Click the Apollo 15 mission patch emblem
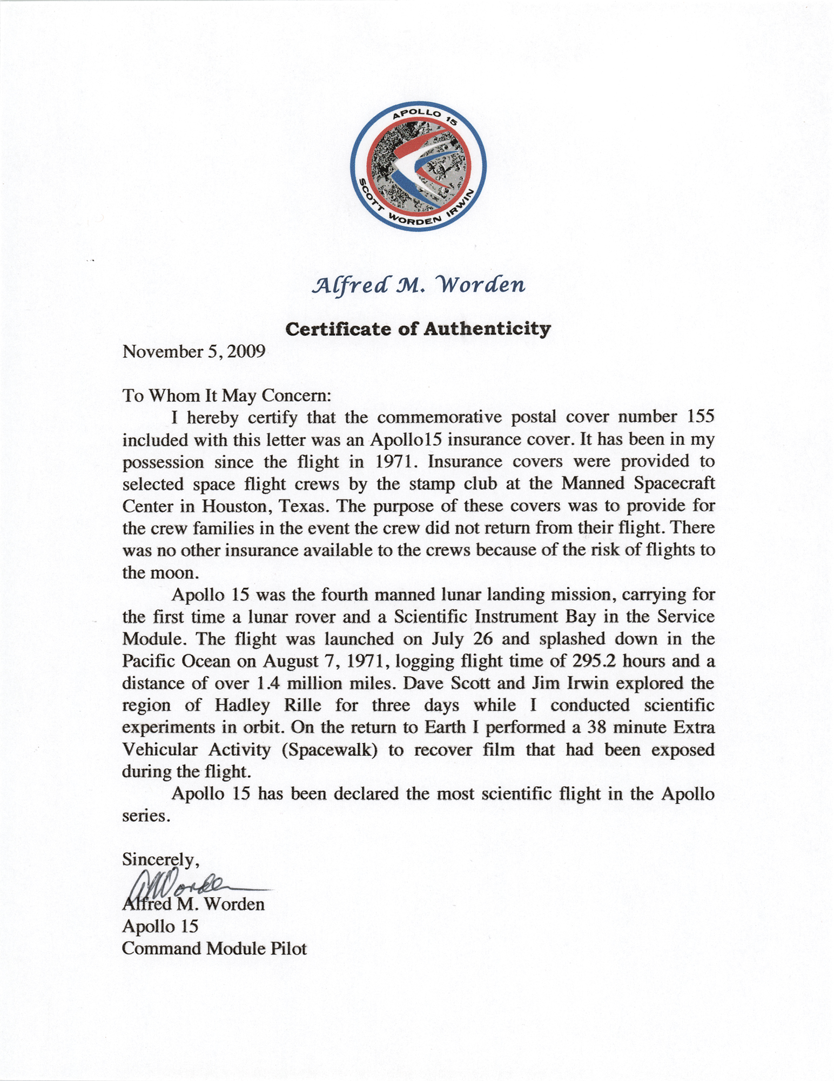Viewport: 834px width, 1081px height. pos(418,167)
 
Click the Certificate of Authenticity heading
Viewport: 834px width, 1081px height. pos(418,329)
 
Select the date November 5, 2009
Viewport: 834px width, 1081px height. pos(194,352)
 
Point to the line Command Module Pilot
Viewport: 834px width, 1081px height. pos(214,948)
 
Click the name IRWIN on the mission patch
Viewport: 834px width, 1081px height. pos(465,204)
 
